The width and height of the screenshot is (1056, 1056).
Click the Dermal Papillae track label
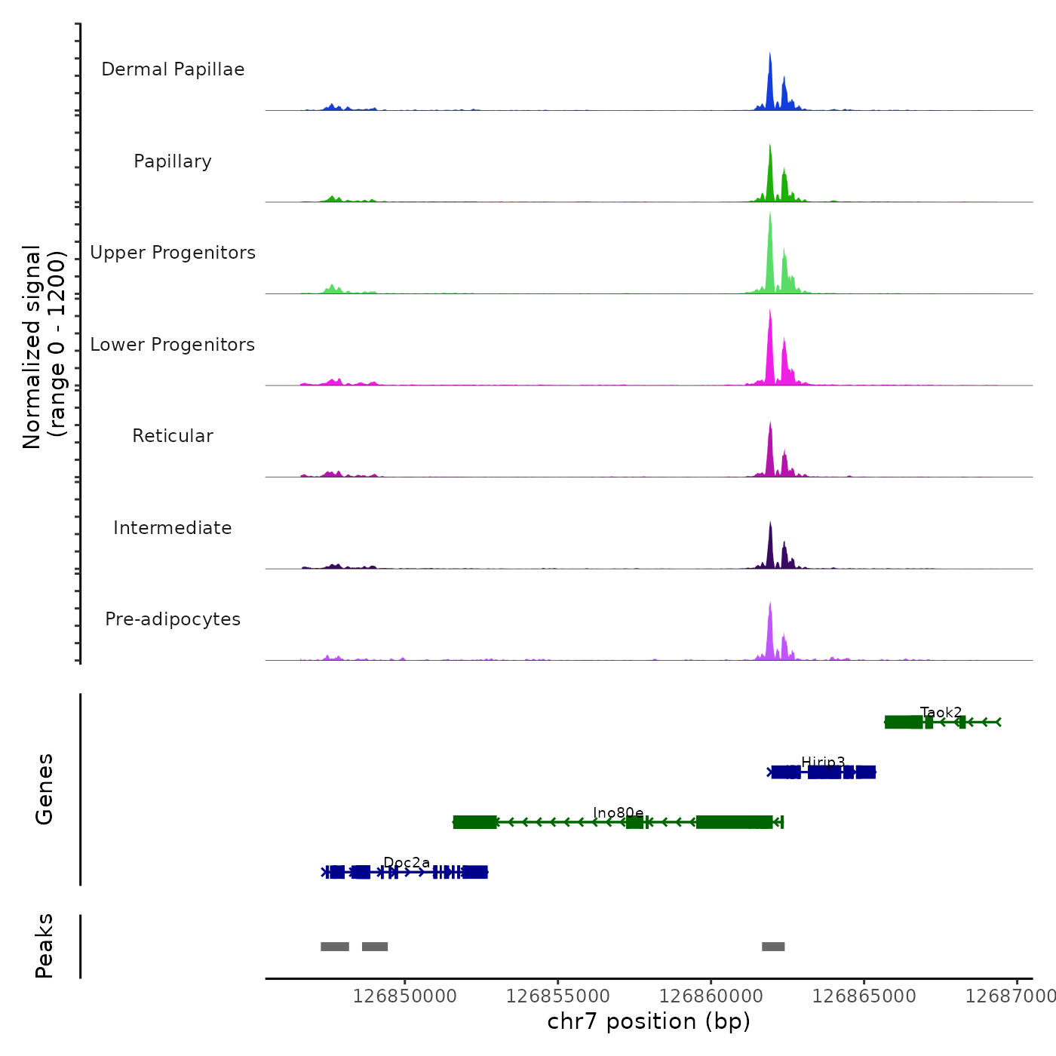tap(173, 69)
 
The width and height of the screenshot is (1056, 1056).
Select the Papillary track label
tap(173, 161)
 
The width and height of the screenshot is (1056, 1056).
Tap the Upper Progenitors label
tap(173, 253)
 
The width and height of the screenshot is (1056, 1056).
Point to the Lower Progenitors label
tap(173, 345)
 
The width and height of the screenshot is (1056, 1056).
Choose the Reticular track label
tap(173, 436)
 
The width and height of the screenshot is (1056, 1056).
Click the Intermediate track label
tap(173, 528)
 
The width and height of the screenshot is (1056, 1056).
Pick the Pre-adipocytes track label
tap(173, 619)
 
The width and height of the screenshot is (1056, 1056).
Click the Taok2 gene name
tap(941, 712)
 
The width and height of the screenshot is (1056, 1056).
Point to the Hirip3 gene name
tap(823, 763)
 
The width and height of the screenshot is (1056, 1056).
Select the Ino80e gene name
tap(618, 812)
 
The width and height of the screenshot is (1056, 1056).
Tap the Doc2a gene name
tap(407, 862)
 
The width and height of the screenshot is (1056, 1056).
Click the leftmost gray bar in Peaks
tap(335, 947)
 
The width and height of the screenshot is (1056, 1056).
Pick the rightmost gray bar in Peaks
tap(773, 947)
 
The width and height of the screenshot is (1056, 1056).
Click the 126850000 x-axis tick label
tap(405, 996)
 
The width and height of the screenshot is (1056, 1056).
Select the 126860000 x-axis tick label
tap(711, 996)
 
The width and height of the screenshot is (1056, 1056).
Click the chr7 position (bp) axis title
tap(649, 1021)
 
